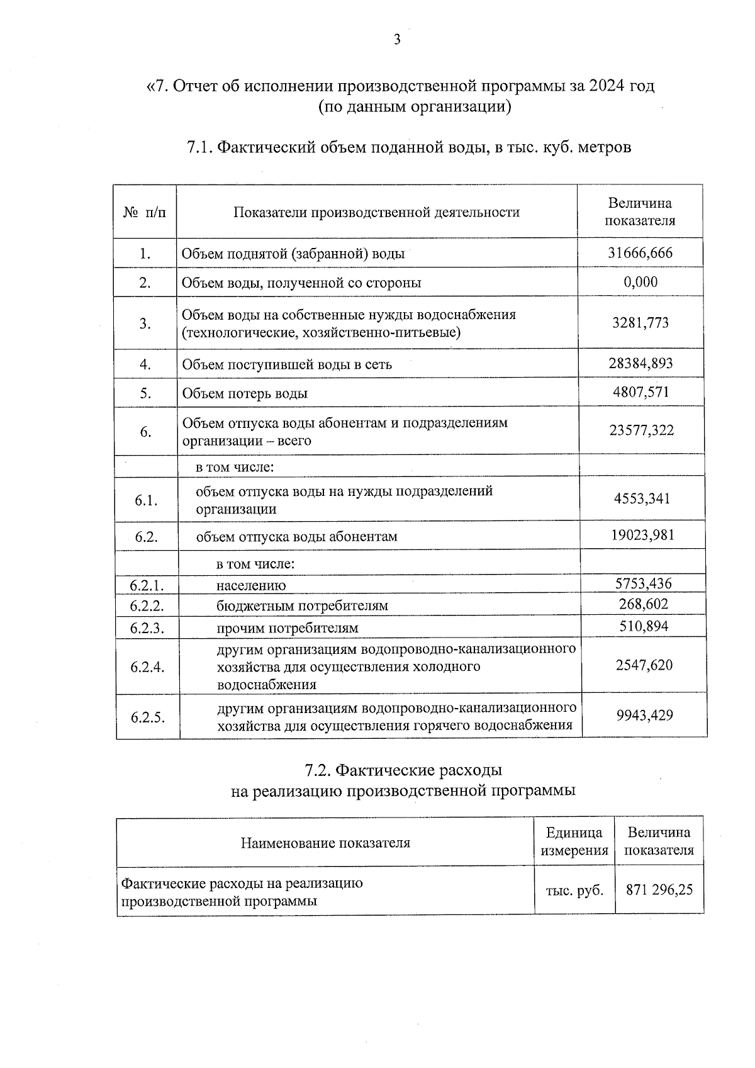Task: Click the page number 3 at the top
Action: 396,40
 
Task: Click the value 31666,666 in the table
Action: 640,253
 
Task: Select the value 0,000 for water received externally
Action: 640,282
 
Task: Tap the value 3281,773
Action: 640,323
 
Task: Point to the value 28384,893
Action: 640,363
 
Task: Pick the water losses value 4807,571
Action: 640,392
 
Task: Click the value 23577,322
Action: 641,430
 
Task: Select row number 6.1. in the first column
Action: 145,500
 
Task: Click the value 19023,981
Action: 642,535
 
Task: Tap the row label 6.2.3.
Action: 147,628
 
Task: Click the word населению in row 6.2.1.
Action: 251,585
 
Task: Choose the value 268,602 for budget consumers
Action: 643,604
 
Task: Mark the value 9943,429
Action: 644,715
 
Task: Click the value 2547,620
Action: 644,665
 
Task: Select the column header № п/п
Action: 145,212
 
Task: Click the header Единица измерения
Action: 574,841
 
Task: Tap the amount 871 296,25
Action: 659,890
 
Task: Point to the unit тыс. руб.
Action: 574,891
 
